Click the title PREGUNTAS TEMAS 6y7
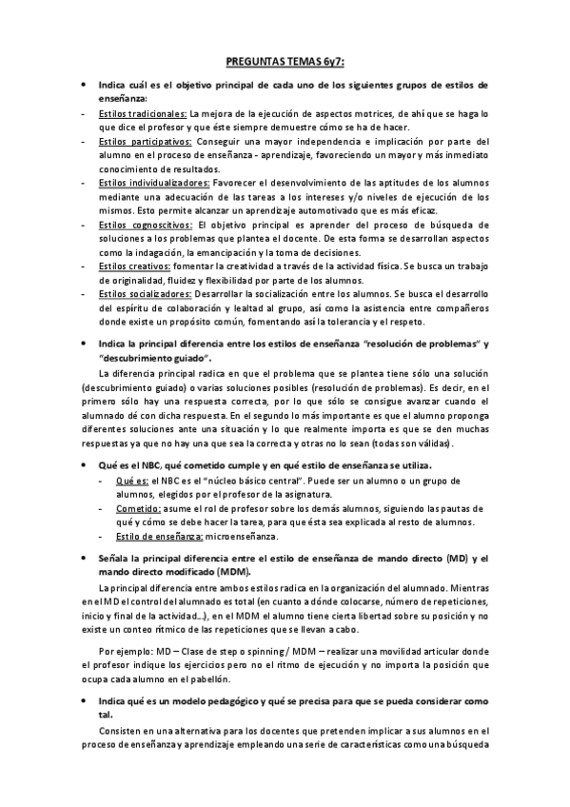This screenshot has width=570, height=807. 285,62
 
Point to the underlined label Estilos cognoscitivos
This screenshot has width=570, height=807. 146,225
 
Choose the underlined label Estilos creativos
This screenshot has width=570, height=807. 132,266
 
